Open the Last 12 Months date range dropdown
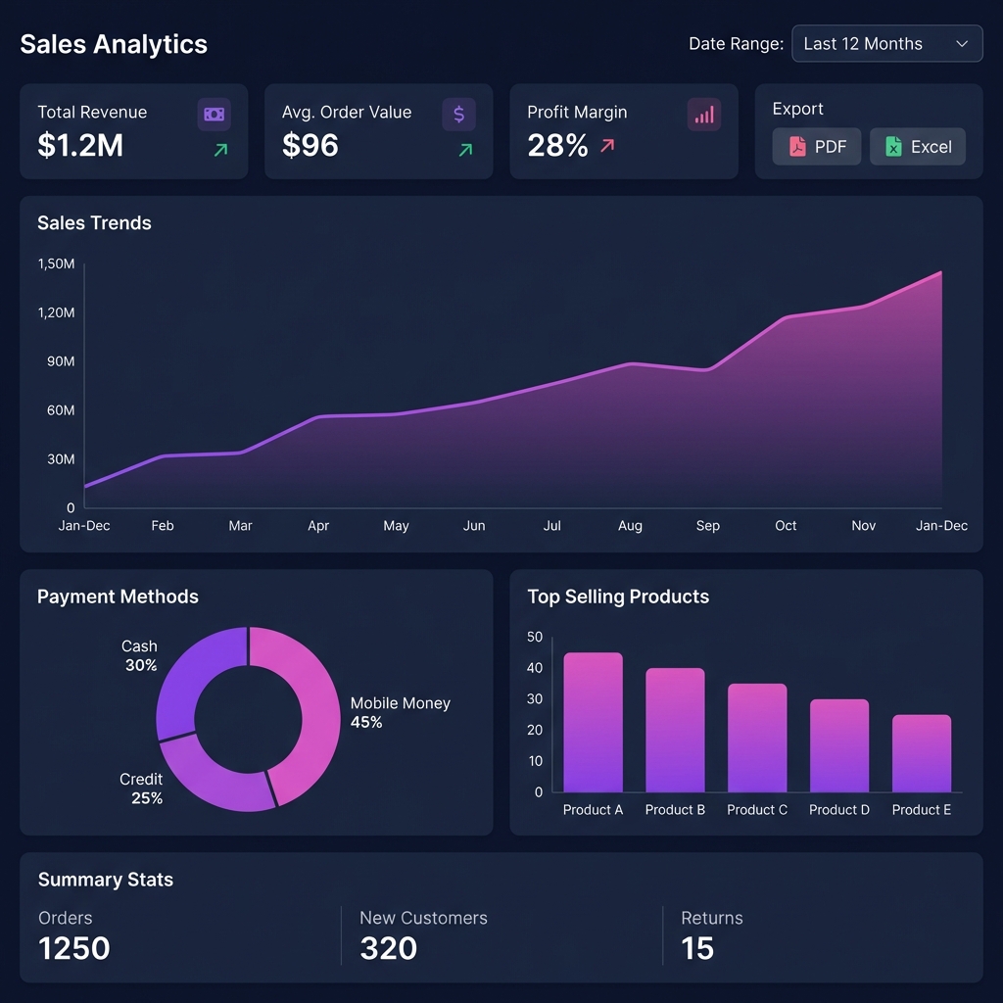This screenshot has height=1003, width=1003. coord(886,44)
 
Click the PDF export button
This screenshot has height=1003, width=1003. coord(816,147)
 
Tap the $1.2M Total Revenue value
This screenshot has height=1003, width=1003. coord(80,146)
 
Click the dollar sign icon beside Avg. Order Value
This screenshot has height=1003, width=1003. coord(458,115)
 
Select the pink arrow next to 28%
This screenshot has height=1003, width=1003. coord(607,146)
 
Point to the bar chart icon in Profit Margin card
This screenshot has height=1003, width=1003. coord(703,115)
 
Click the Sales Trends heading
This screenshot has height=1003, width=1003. coord(94,223)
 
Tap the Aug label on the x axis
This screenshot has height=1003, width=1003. coord(630,526)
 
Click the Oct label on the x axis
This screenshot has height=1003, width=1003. coord(786,526)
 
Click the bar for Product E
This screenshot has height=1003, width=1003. coord(921,754)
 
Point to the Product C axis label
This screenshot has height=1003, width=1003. coord(757,810)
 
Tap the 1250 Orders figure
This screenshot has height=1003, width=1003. coord(74,948)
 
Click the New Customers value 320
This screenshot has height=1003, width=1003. coord(389,948)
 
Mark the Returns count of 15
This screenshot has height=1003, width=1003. coord(697,948)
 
